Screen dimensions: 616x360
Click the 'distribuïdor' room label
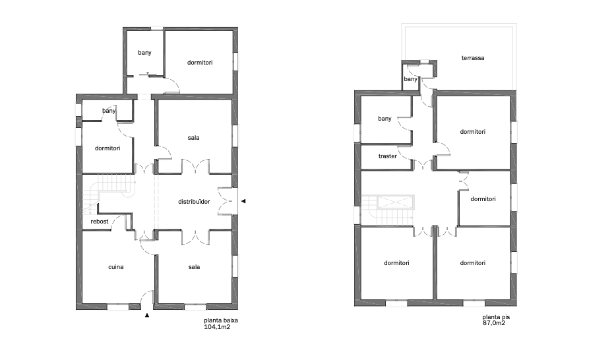tap(194, 201)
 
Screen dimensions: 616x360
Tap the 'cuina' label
tap(116, 267)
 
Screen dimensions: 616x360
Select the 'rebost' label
tap(100, 222)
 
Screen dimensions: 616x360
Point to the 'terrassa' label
tap(473, 58)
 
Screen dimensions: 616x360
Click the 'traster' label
tap(387, 156)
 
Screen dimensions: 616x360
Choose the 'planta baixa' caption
tap(221, 320)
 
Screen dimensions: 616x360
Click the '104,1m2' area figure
tap(217, 326)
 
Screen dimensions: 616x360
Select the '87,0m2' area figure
tap(494, 323)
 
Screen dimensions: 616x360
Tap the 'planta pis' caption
tap(496, 317)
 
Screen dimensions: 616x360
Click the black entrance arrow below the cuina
tap(147, 315)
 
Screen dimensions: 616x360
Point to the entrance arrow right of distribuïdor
tap(243, 201)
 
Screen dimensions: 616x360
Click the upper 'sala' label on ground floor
tap(194, 138)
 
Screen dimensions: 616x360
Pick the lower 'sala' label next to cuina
tap(194, 267)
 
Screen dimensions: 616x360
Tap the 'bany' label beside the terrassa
tap(410, 79)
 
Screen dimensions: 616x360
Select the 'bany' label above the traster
tap(385, 119)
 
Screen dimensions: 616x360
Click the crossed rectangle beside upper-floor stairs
tap(396, 202)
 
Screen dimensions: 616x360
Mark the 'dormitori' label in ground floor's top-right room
tap(200, 63)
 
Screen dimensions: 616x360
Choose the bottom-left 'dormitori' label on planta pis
tap(396, 263)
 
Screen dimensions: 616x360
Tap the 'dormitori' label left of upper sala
tap(108, 148)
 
